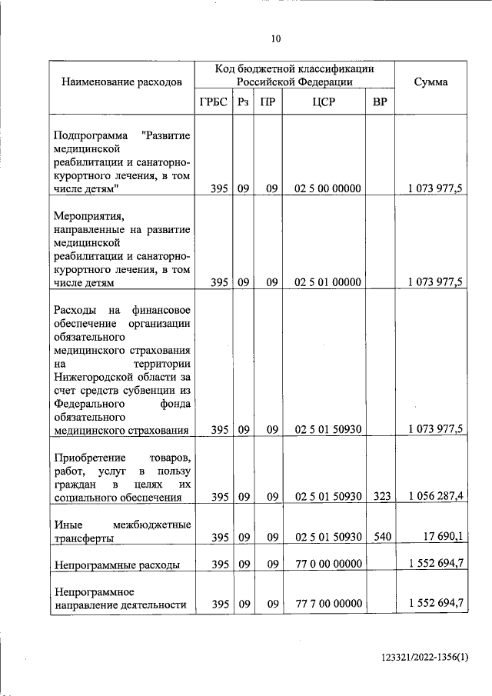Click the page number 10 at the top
[277, 38]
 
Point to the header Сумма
[430, 82]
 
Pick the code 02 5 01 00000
[327, 282]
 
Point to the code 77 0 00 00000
[327, 564]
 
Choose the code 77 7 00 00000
[327, 604]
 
